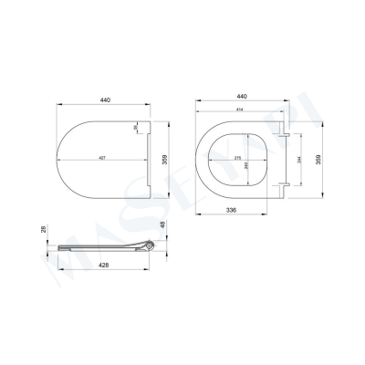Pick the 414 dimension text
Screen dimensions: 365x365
(240, 111)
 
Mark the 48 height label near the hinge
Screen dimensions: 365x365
(163, 224)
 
